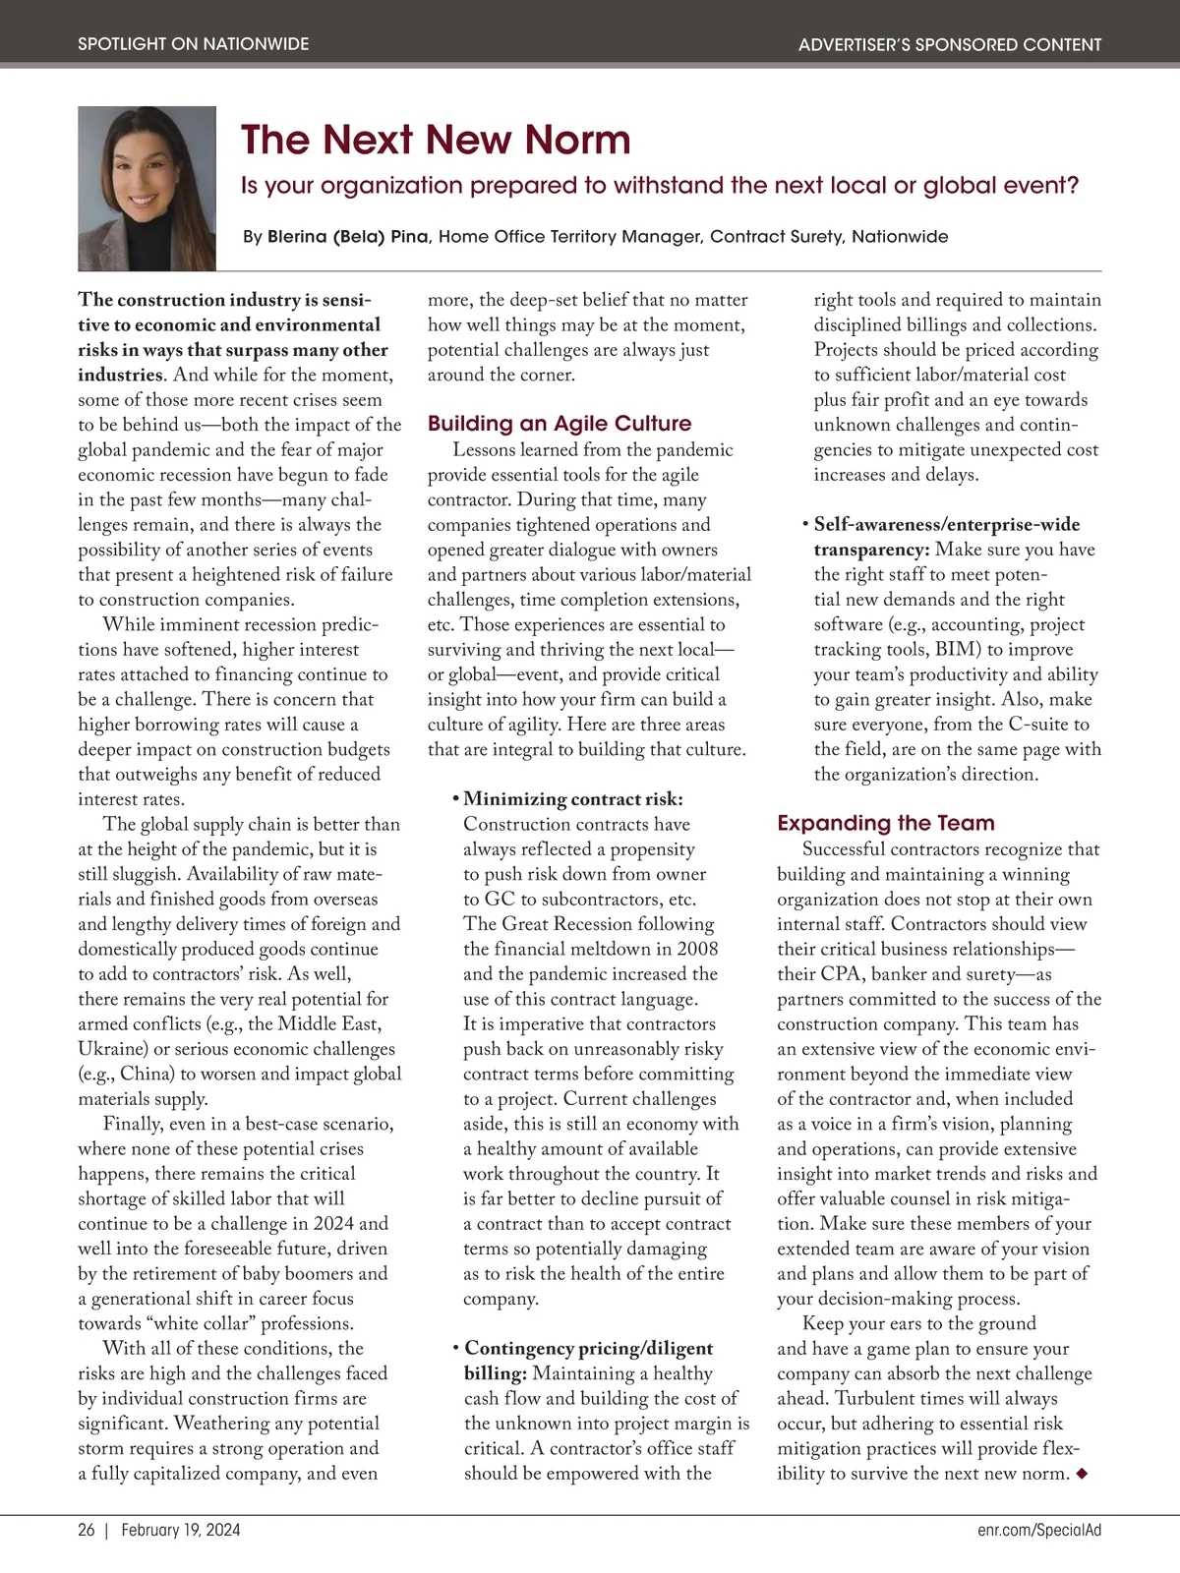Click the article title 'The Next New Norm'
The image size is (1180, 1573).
[x=435, y=140]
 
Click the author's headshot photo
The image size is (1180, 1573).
[x=147, y=188]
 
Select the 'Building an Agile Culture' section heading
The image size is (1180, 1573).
[x=559, y=424]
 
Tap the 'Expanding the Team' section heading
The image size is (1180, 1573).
[x=885, y=823]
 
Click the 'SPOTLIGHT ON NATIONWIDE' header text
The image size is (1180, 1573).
[x=193, y=44]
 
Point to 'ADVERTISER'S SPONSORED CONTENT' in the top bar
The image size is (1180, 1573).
[x=949, y=44]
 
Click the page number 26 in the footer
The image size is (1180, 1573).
[x=87, y=1530]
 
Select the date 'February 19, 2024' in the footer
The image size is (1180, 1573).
[x=181, y=1530]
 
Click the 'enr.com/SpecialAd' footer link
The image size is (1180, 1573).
[x=1039, y=1530]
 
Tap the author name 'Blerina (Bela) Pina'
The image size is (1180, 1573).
[x=348, y=237]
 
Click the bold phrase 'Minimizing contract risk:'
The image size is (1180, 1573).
[x=572, y=799]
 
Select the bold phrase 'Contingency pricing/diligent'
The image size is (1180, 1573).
[x=588, y=1348]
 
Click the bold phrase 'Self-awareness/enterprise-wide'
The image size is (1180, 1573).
[x=946, y=525]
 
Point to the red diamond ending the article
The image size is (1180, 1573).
[x=1083, y=1473]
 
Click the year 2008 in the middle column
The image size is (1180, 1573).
[x=697, y=949]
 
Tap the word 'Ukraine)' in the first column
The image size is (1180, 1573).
[x=111, y=1049]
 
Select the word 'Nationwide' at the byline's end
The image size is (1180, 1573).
[x=900, y=237]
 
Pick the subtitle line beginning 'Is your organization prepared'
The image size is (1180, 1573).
[x=659, y=186]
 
